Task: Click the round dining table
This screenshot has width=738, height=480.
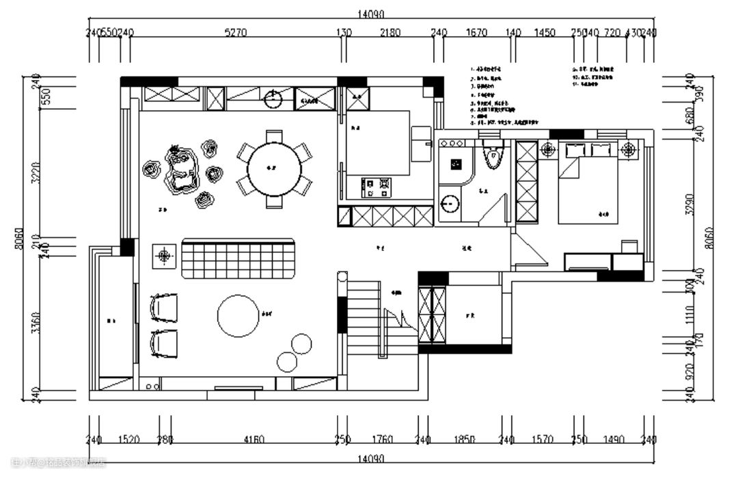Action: (274, 169)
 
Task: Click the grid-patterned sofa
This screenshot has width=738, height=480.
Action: (238, 259)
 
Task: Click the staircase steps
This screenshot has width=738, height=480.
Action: (364, 317)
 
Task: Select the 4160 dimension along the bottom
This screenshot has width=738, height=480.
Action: (254, 440)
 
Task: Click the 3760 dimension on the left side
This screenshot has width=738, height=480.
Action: (37, 323)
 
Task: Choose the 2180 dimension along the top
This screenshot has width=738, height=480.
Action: (390, 32)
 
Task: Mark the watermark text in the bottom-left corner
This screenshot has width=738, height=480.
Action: (59, 463)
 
